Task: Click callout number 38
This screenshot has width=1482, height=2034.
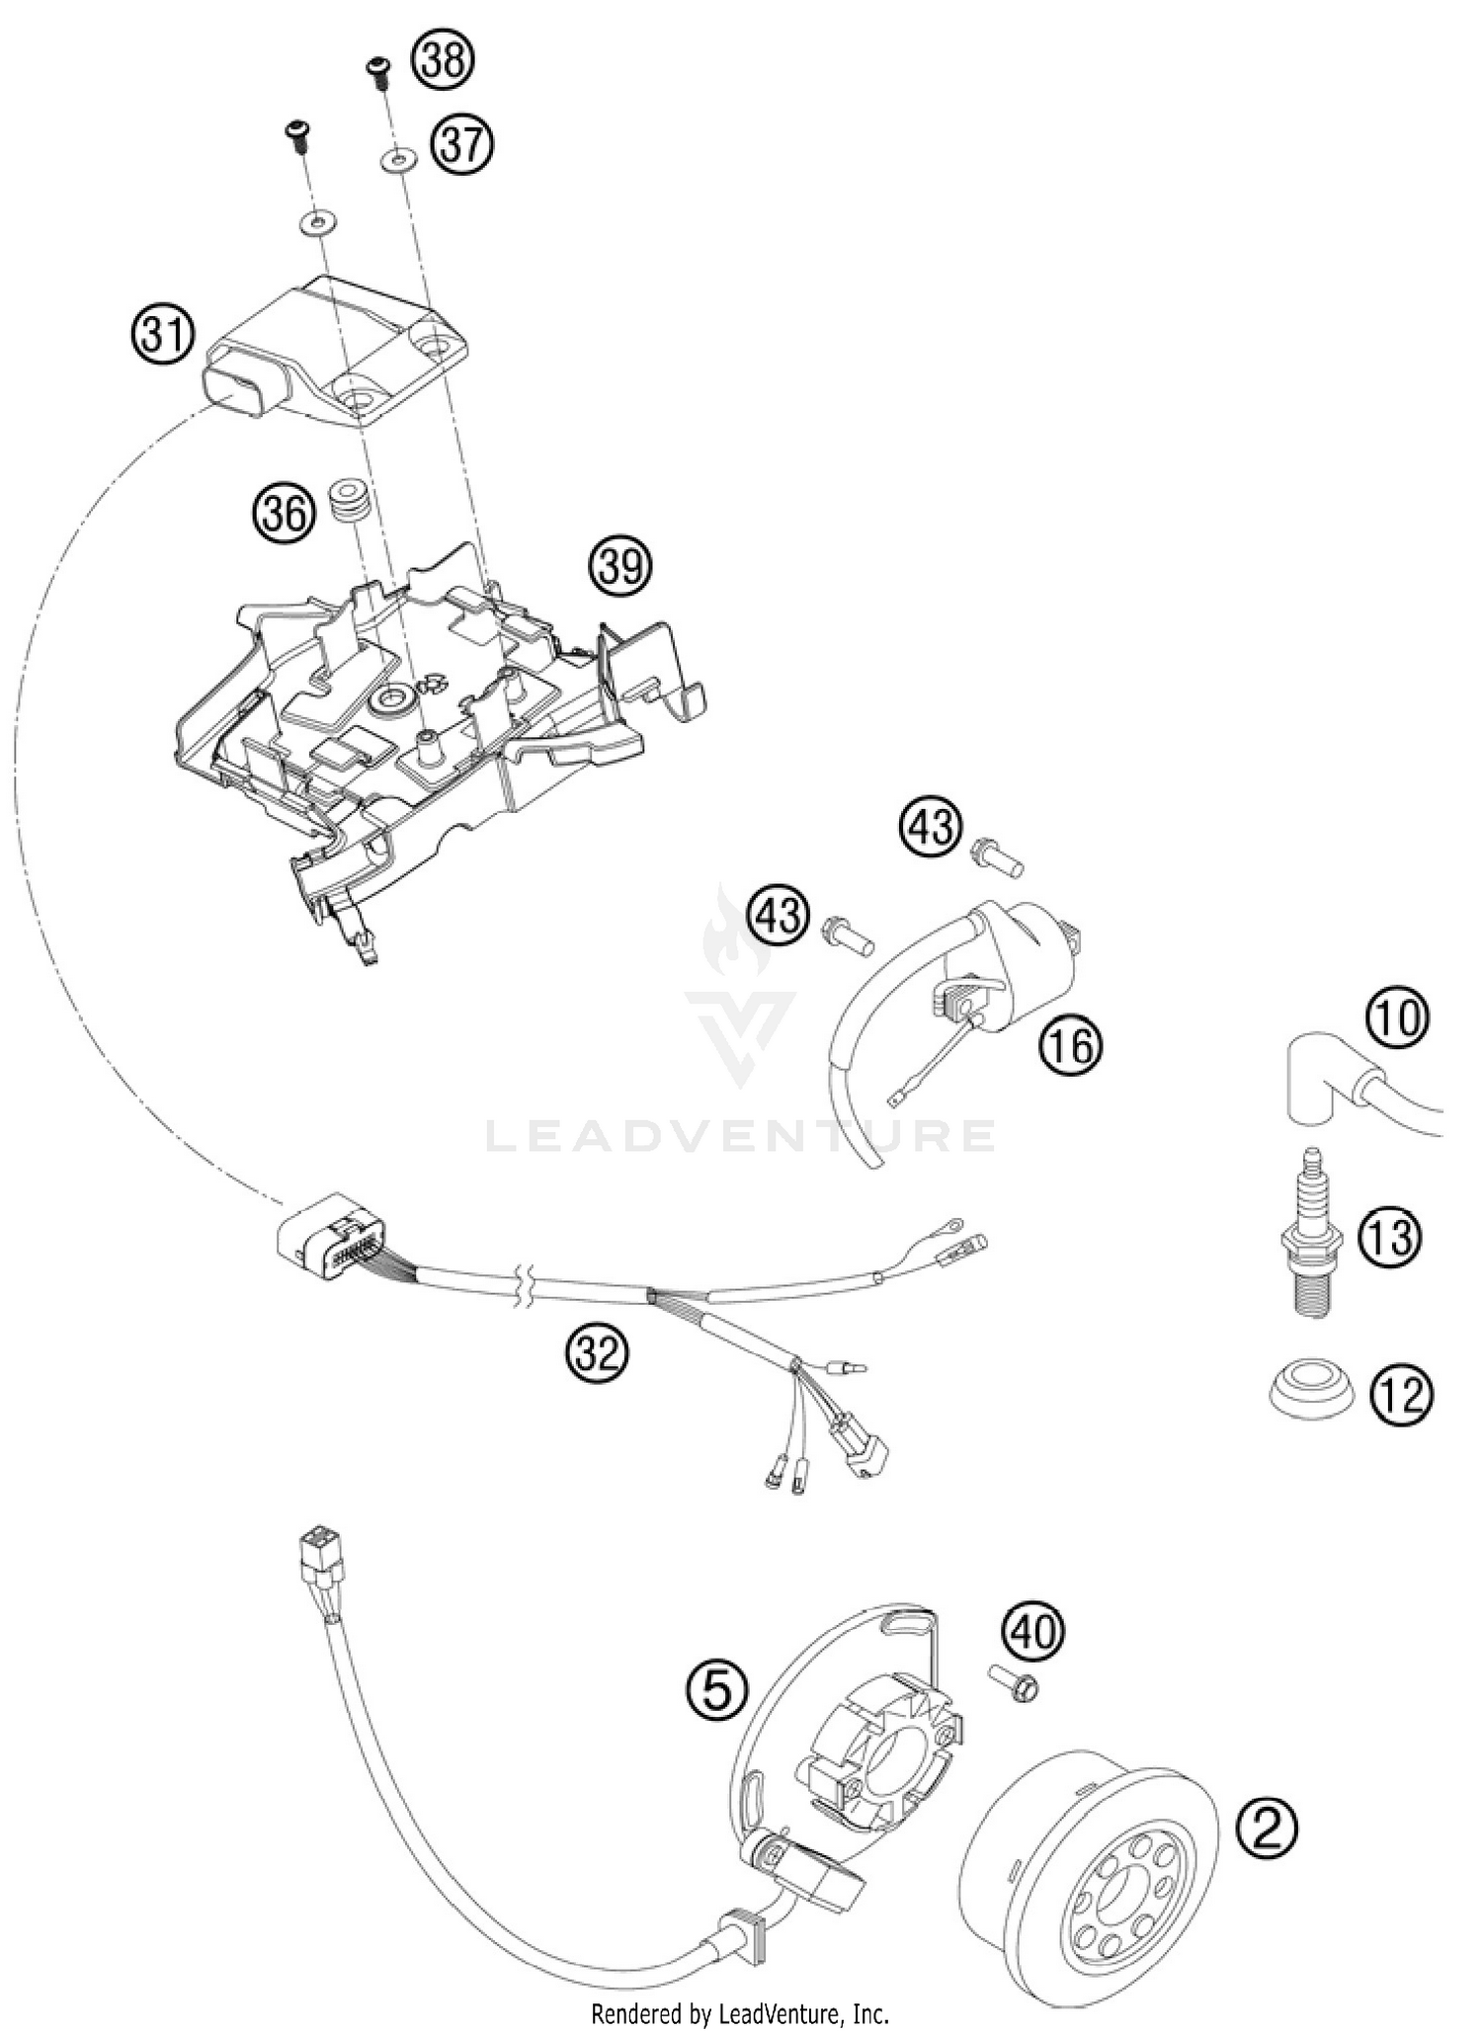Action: point(443,60)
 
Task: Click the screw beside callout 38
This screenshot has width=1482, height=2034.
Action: point(377,71)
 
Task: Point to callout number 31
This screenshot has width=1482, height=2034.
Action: point(162,336)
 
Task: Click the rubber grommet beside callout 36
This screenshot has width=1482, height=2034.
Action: point(350,500)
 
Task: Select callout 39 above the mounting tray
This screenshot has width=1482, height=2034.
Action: point(621,568)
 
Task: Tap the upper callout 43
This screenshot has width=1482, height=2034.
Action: point(930,828)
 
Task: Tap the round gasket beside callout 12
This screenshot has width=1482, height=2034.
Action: point(1310,1390)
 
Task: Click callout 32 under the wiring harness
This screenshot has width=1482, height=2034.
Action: point(598,1352)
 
